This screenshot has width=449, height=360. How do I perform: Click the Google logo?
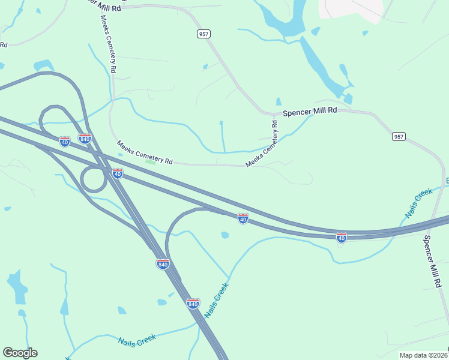[20, 353]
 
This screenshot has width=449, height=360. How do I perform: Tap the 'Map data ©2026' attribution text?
[424, 355]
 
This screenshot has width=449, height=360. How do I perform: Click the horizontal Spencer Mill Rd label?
[310, 112]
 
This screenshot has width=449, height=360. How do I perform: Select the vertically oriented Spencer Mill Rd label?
[434, 261]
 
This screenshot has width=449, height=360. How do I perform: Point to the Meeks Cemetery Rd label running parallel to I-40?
[145, 152]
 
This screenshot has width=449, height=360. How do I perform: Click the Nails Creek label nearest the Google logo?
[137, 340]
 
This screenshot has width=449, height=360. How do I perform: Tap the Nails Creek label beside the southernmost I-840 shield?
[216, 301]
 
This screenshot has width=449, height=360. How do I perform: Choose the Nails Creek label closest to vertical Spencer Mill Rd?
[418, 202]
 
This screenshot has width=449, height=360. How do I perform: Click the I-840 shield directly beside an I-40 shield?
[85, 139]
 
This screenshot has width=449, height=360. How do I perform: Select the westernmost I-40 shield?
[65, 141]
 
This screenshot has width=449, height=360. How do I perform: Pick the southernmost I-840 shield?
[193, 304]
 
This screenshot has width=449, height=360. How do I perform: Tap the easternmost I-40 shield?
[341, 237]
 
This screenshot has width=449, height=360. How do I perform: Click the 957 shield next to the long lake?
[203, 34]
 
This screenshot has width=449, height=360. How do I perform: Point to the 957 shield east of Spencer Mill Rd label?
[399, 137]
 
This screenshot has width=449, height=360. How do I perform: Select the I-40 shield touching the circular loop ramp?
[118, 173]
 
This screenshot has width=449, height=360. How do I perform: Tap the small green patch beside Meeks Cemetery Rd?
[150, 161]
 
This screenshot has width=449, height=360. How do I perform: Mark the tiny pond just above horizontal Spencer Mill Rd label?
[279, 101]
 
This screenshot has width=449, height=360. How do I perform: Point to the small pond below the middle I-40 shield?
[224, 235]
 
